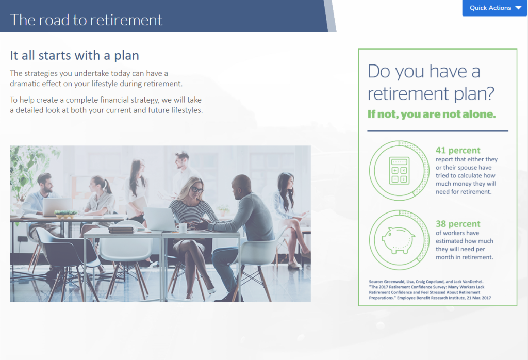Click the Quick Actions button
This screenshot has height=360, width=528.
(494, 8)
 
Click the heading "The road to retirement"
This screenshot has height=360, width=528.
(86, 20)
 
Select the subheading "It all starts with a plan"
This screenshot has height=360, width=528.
(74, 55)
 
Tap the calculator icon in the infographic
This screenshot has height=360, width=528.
(399, 170)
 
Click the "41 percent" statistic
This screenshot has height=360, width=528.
(458, 151)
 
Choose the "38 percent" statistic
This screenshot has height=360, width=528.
(458, 224)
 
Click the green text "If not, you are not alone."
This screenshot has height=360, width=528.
(431, 114)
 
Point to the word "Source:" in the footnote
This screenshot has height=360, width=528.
(377, 281)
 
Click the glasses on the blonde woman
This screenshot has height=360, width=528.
(196, 190)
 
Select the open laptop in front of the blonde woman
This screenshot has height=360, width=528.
(159, 219)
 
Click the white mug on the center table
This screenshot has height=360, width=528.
(182, 227)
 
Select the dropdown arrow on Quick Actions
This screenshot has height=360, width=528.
(518, 8)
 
